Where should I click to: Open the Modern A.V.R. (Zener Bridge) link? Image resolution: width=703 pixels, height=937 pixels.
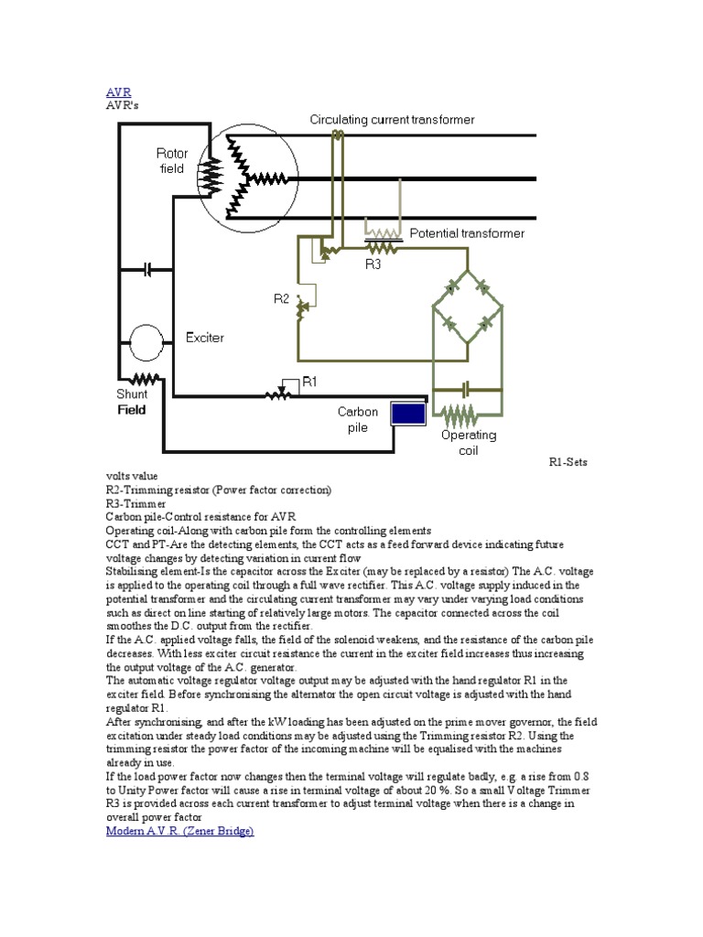click(x=179, y=831)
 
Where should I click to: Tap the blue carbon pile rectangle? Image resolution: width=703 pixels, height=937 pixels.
click(x=408, y=414)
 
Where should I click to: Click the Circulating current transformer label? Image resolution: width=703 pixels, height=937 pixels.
click(x=392, y=120)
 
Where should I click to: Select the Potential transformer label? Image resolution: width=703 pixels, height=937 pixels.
click(x=467, y=233)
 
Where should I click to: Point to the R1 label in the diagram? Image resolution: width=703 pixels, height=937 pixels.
click(x=309, y=382)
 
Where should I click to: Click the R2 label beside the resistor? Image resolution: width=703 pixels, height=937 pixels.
click(x=281, y=298)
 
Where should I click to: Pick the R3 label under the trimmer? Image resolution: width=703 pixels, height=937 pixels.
click(x=373, y=264)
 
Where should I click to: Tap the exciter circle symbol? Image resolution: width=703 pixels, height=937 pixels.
click(x=144, y=342)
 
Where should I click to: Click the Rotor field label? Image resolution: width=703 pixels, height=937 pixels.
click(x=171, y=161)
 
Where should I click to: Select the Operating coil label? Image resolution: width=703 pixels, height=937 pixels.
click(x=469, y=443)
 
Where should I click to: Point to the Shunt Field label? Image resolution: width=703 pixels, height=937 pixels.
click(x=132, y=401)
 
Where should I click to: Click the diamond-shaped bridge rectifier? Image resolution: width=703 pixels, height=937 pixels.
click(x=467, y=307)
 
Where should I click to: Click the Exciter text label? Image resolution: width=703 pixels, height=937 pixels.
click(x=205, y=338)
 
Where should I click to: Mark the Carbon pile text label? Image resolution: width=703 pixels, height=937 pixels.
click(x=358, y=419)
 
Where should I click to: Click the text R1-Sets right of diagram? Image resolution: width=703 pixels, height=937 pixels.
click(x=568, y=462)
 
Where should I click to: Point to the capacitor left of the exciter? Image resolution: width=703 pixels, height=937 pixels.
click(x=148, y=270)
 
